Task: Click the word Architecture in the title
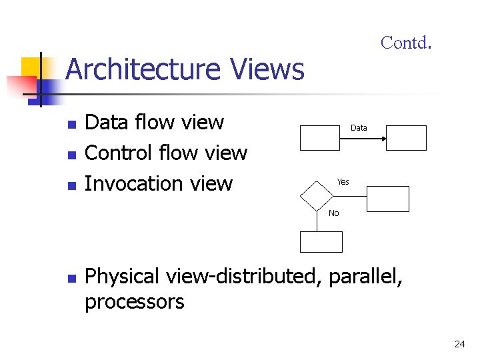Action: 143,69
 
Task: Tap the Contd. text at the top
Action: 406,43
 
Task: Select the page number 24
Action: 459,344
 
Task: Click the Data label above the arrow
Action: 359,127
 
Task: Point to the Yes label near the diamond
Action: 343,182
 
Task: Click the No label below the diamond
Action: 333,213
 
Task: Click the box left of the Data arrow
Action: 321,139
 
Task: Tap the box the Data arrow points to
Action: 407,139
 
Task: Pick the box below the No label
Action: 321,241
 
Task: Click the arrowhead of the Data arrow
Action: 385,139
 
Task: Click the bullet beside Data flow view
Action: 72,124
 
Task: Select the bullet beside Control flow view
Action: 72,155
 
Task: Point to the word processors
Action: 135,302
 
